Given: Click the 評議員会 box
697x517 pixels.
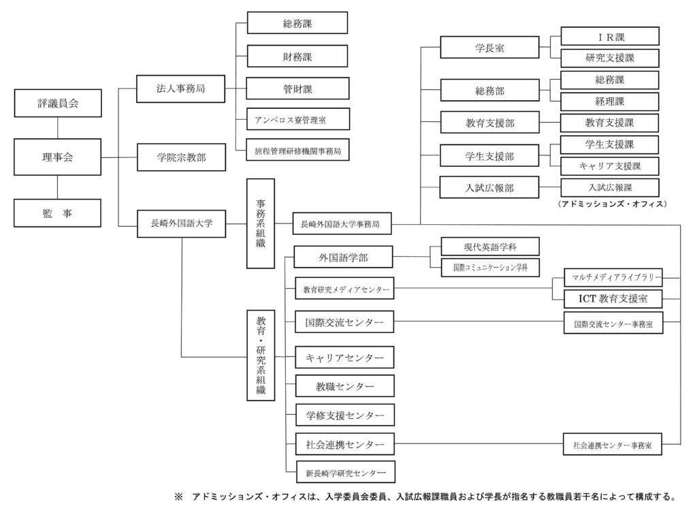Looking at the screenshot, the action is pos(58,104).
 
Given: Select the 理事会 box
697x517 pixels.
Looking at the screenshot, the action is pos(57,157).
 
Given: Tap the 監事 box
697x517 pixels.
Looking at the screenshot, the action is pos(57,213).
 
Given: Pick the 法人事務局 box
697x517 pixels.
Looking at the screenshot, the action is pos(180,89).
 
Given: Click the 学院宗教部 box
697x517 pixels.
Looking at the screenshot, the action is pos(181,157).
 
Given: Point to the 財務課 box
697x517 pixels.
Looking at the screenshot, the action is pos(297,57).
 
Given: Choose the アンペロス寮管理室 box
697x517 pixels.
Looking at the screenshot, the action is pos(298,119).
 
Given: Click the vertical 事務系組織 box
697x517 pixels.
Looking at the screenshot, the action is pos(261,224).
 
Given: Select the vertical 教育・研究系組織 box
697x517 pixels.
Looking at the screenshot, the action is pos(261,356).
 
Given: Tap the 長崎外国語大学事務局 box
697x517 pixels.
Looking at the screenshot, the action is pos(342,224).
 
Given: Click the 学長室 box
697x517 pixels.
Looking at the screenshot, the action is pos(489,48).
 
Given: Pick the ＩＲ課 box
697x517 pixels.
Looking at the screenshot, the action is pos(610,37).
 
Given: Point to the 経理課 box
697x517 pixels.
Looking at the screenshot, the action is pos(610,101).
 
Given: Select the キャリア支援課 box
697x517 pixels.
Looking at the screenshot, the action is pos(610,166).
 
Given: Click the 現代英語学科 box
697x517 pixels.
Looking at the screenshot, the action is pos(490,247).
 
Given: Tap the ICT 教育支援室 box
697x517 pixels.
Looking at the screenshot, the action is pos(613,298).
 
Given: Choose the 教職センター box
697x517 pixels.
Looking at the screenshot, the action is pos(345,386).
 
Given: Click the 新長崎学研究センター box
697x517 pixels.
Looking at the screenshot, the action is pos(345,473).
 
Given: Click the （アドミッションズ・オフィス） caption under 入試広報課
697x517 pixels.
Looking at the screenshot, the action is pos(612,204).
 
